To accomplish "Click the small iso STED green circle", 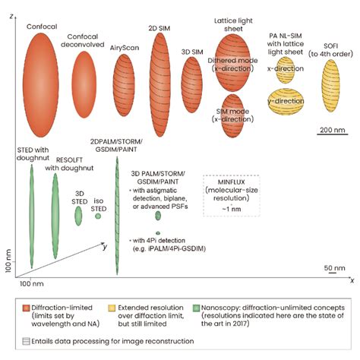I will (98, 216).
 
